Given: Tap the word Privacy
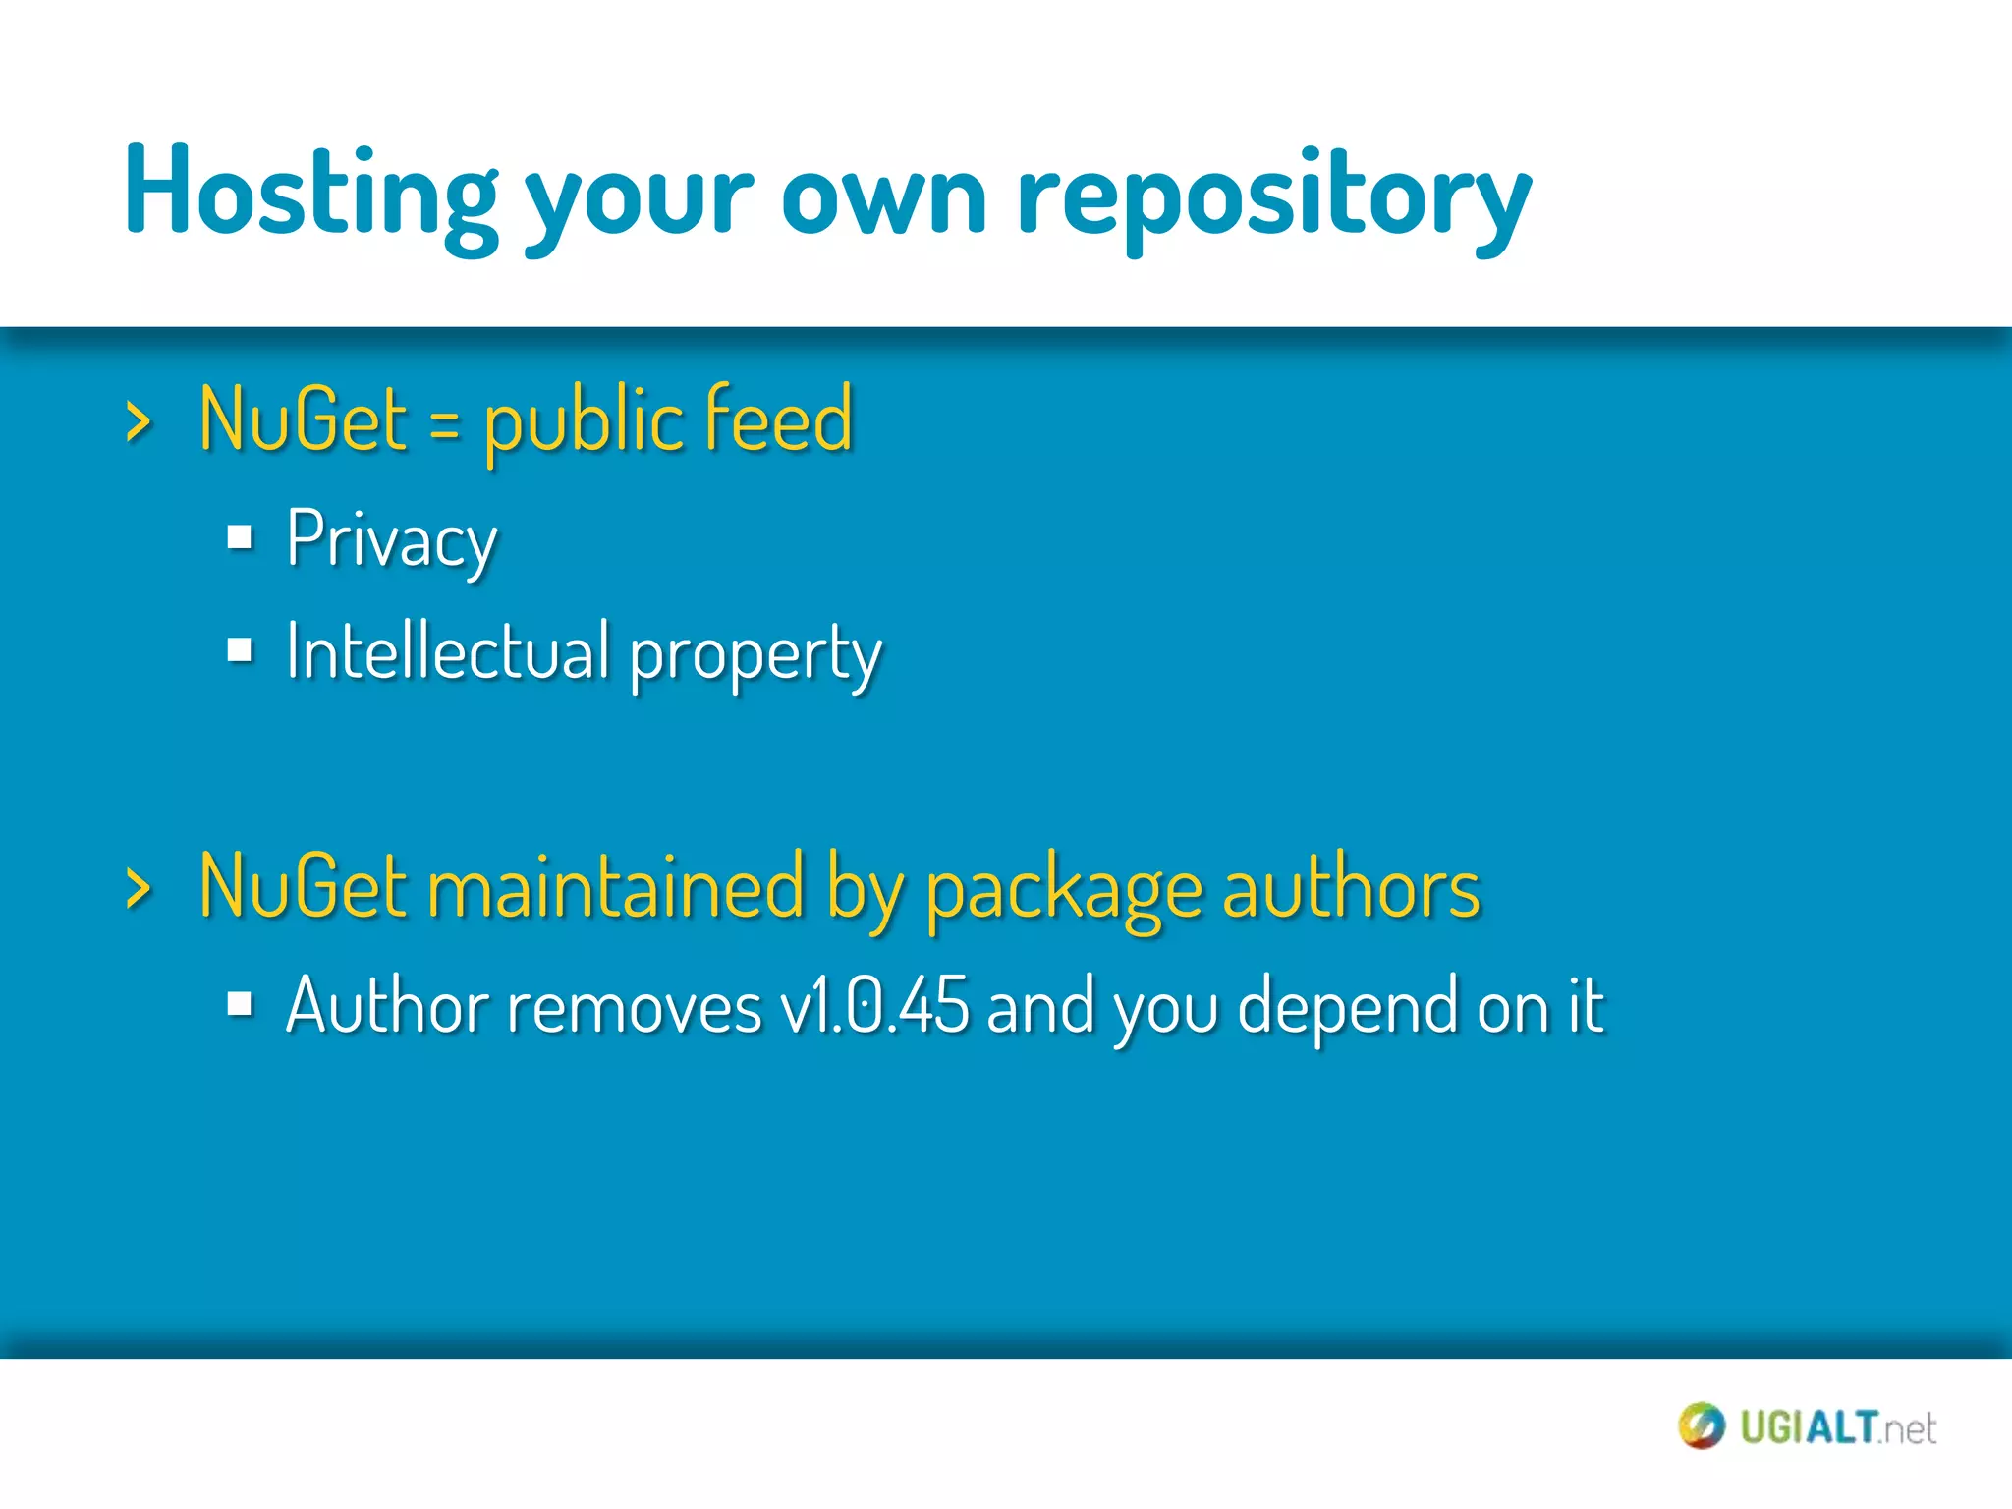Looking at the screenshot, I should pos(392,540).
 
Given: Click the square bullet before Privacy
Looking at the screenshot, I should pos(240,537).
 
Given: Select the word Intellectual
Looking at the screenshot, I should pos(448,651).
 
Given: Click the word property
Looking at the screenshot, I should pos(755,656).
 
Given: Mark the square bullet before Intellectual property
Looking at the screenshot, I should pos(240,649).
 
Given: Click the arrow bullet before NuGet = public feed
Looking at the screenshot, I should pos(139,422).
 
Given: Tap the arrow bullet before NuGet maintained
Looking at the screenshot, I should pos(139,888).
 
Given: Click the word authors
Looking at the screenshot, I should pos(1351,887).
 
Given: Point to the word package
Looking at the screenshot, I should pos(1064,892).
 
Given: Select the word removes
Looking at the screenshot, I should pos(634,1008).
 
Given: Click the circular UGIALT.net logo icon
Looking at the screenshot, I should pos(1701,1425).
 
